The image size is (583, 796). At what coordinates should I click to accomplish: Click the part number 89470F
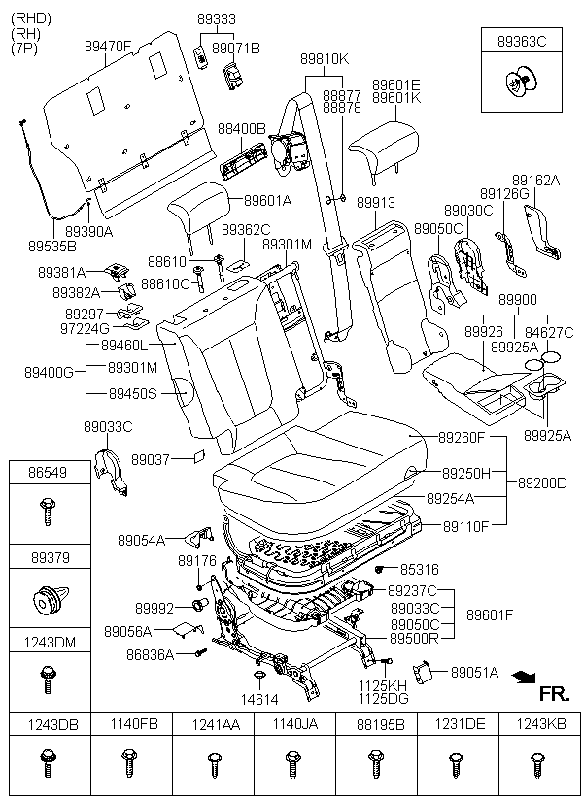[x=108, y=45]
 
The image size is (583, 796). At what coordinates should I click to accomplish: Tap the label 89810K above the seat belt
[x=324, y=58]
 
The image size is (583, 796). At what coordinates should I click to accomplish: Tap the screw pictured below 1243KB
[x=533, y=763]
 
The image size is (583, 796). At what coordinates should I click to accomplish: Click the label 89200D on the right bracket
[x=541, y=481]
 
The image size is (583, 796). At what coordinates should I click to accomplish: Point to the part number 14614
[x=259, y=698]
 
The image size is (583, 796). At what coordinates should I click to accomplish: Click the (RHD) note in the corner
[x=30, y=18]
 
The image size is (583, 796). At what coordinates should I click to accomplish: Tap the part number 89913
[x=375, y=203]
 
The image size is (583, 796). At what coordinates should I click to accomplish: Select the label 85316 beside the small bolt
[x=419, y=569]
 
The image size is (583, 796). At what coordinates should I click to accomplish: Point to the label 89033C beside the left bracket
[x=107, y=426]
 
